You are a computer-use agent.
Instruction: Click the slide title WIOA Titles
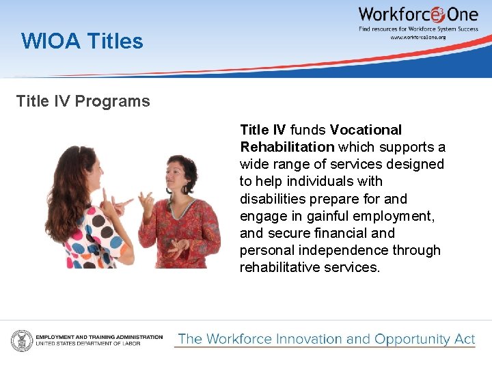82,42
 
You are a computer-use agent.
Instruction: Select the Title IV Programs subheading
83,101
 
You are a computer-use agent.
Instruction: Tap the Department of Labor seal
21,340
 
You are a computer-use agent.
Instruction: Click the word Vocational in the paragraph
366,130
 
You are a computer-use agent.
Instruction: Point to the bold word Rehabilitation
287,147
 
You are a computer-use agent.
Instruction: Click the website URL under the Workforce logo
418,37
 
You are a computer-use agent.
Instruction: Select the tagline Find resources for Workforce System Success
418,29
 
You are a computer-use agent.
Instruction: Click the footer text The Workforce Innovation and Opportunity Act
326,339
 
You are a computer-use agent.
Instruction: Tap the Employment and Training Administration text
99,337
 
